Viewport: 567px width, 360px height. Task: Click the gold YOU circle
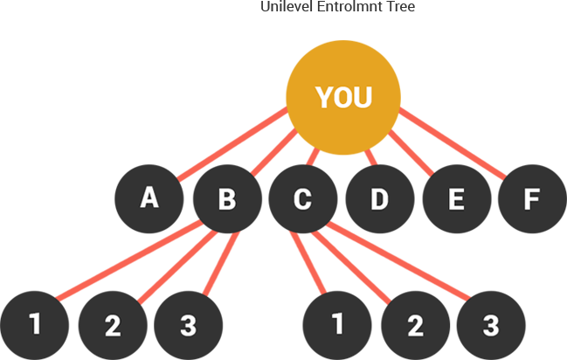click(343, 97)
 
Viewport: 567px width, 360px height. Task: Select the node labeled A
click(149, 199)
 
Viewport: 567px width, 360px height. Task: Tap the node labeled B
click(227, 199)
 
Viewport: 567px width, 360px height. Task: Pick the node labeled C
click(303, 199)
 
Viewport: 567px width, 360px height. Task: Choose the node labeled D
click(380, 199)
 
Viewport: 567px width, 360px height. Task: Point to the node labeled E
click(457, 199)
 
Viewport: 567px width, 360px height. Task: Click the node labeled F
click(532, 199)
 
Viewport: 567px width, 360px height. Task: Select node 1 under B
click(34, 325)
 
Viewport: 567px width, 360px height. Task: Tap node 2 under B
click(113, 325)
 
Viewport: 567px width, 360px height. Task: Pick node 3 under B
click(189, 325)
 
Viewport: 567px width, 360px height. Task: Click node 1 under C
click(337, 325)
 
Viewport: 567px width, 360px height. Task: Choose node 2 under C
click(416, 325)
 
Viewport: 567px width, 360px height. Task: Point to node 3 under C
click(491, 325)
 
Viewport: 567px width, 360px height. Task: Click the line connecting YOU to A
click(232, 143)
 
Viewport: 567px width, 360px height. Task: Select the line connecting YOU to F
click(453, 143)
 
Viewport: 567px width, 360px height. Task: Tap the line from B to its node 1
click(129, 260)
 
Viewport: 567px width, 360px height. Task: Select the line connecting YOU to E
click(411, 153)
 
